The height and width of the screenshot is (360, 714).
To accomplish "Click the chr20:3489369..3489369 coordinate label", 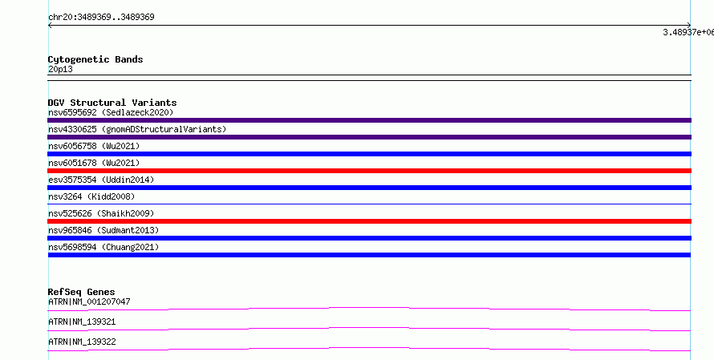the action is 101,18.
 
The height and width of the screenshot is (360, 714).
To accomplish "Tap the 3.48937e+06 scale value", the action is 688,32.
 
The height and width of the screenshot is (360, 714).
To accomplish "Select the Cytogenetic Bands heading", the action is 95,59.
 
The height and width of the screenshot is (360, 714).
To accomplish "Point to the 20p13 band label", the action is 60,69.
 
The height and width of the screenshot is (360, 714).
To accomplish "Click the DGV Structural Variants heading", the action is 112,103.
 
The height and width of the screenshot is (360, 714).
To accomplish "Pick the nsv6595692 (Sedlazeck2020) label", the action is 111,112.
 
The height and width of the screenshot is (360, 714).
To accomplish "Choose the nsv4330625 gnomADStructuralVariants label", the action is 137,129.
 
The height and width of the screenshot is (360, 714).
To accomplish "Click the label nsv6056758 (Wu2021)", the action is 94,146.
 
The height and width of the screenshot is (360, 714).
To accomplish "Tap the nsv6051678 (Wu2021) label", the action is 94,163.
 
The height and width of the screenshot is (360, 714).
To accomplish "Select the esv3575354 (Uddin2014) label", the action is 101,180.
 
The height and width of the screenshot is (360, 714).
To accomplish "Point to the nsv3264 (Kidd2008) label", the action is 91,196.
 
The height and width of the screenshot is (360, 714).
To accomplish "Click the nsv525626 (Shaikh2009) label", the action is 101,213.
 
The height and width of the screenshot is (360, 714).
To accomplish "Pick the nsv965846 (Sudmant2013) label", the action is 103,230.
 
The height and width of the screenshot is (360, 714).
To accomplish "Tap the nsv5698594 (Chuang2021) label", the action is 103,247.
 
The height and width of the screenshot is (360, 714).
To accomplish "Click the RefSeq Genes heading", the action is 82,292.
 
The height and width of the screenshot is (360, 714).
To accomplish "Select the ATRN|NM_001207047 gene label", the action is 89,301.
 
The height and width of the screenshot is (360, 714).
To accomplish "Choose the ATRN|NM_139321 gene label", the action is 82,322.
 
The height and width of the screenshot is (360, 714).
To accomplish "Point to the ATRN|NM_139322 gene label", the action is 82,342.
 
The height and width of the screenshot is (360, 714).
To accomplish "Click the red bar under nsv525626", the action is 369,221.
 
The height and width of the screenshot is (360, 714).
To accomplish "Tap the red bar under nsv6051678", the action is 369,171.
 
